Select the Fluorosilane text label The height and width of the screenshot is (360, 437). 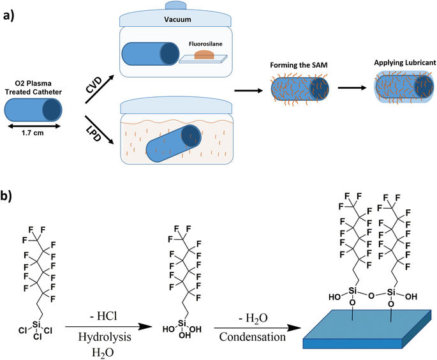coord(205,45)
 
